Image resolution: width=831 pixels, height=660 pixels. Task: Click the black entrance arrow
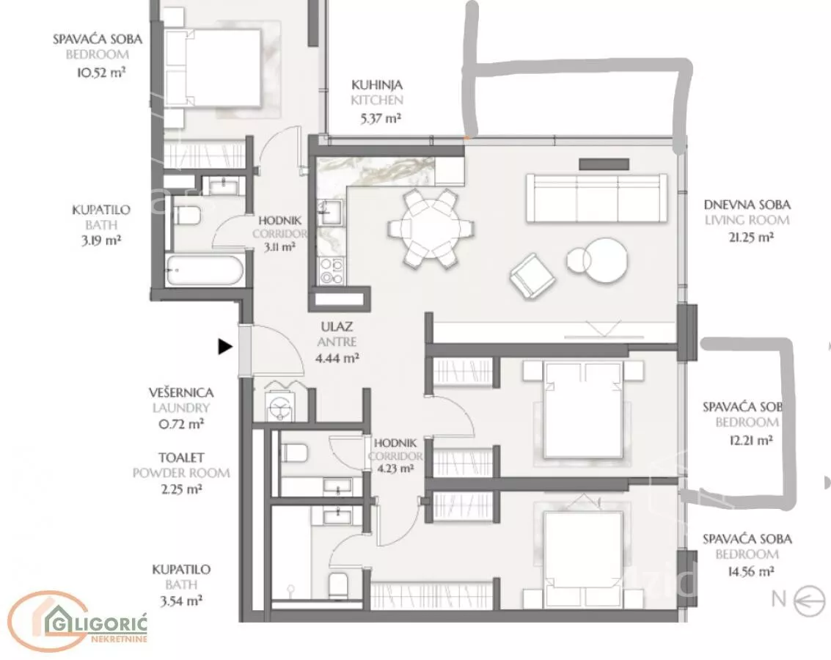[225, 347]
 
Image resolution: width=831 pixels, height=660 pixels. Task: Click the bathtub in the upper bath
[205, 271]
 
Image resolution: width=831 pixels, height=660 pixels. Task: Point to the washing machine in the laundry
[279, 407]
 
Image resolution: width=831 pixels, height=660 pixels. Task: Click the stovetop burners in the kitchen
[332, 270]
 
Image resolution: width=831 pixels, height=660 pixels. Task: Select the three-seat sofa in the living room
[597, 199]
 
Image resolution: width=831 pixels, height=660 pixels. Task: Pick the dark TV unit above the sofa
[604, 164]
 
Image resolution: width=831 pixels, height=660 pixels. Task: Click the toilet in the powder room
[293, 453]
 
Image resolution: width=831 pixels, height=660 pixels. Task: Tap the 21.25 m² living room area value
[752, 237]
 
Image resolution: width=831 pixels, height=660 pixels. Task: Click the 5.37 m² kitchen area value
[380, 118]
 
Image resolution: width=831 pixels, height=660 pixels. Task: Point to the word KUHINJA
[377, 85]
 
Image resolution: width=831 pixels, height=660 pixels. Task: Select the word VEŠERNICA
[181, 392]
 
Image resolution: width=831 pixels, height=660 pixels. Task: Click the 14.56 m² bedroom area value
[752, 571]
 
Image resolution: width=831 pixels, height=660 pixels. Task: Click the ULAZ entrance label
[337, 327]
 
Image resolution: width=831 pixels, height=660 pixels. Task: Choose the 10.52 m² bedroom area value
[101, 72]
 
